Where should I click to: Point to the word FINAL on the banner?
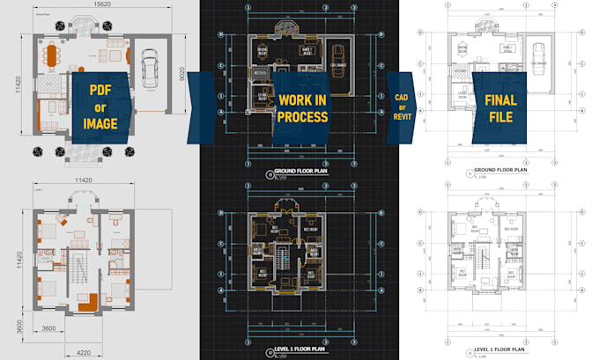(x=500, y=99)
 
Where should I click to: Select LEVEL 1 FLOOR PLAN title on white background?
(x=499, y=350)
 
